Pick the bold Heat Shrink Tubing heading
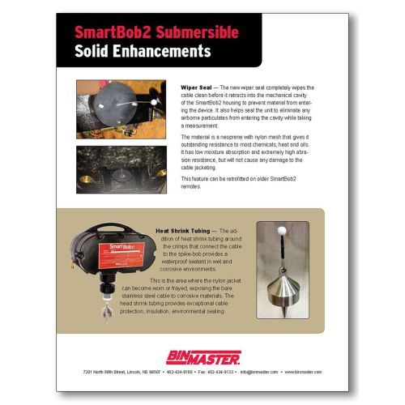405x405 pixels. click(186, 230)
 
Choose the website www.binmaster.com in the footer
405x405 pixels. click(301, 372)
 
